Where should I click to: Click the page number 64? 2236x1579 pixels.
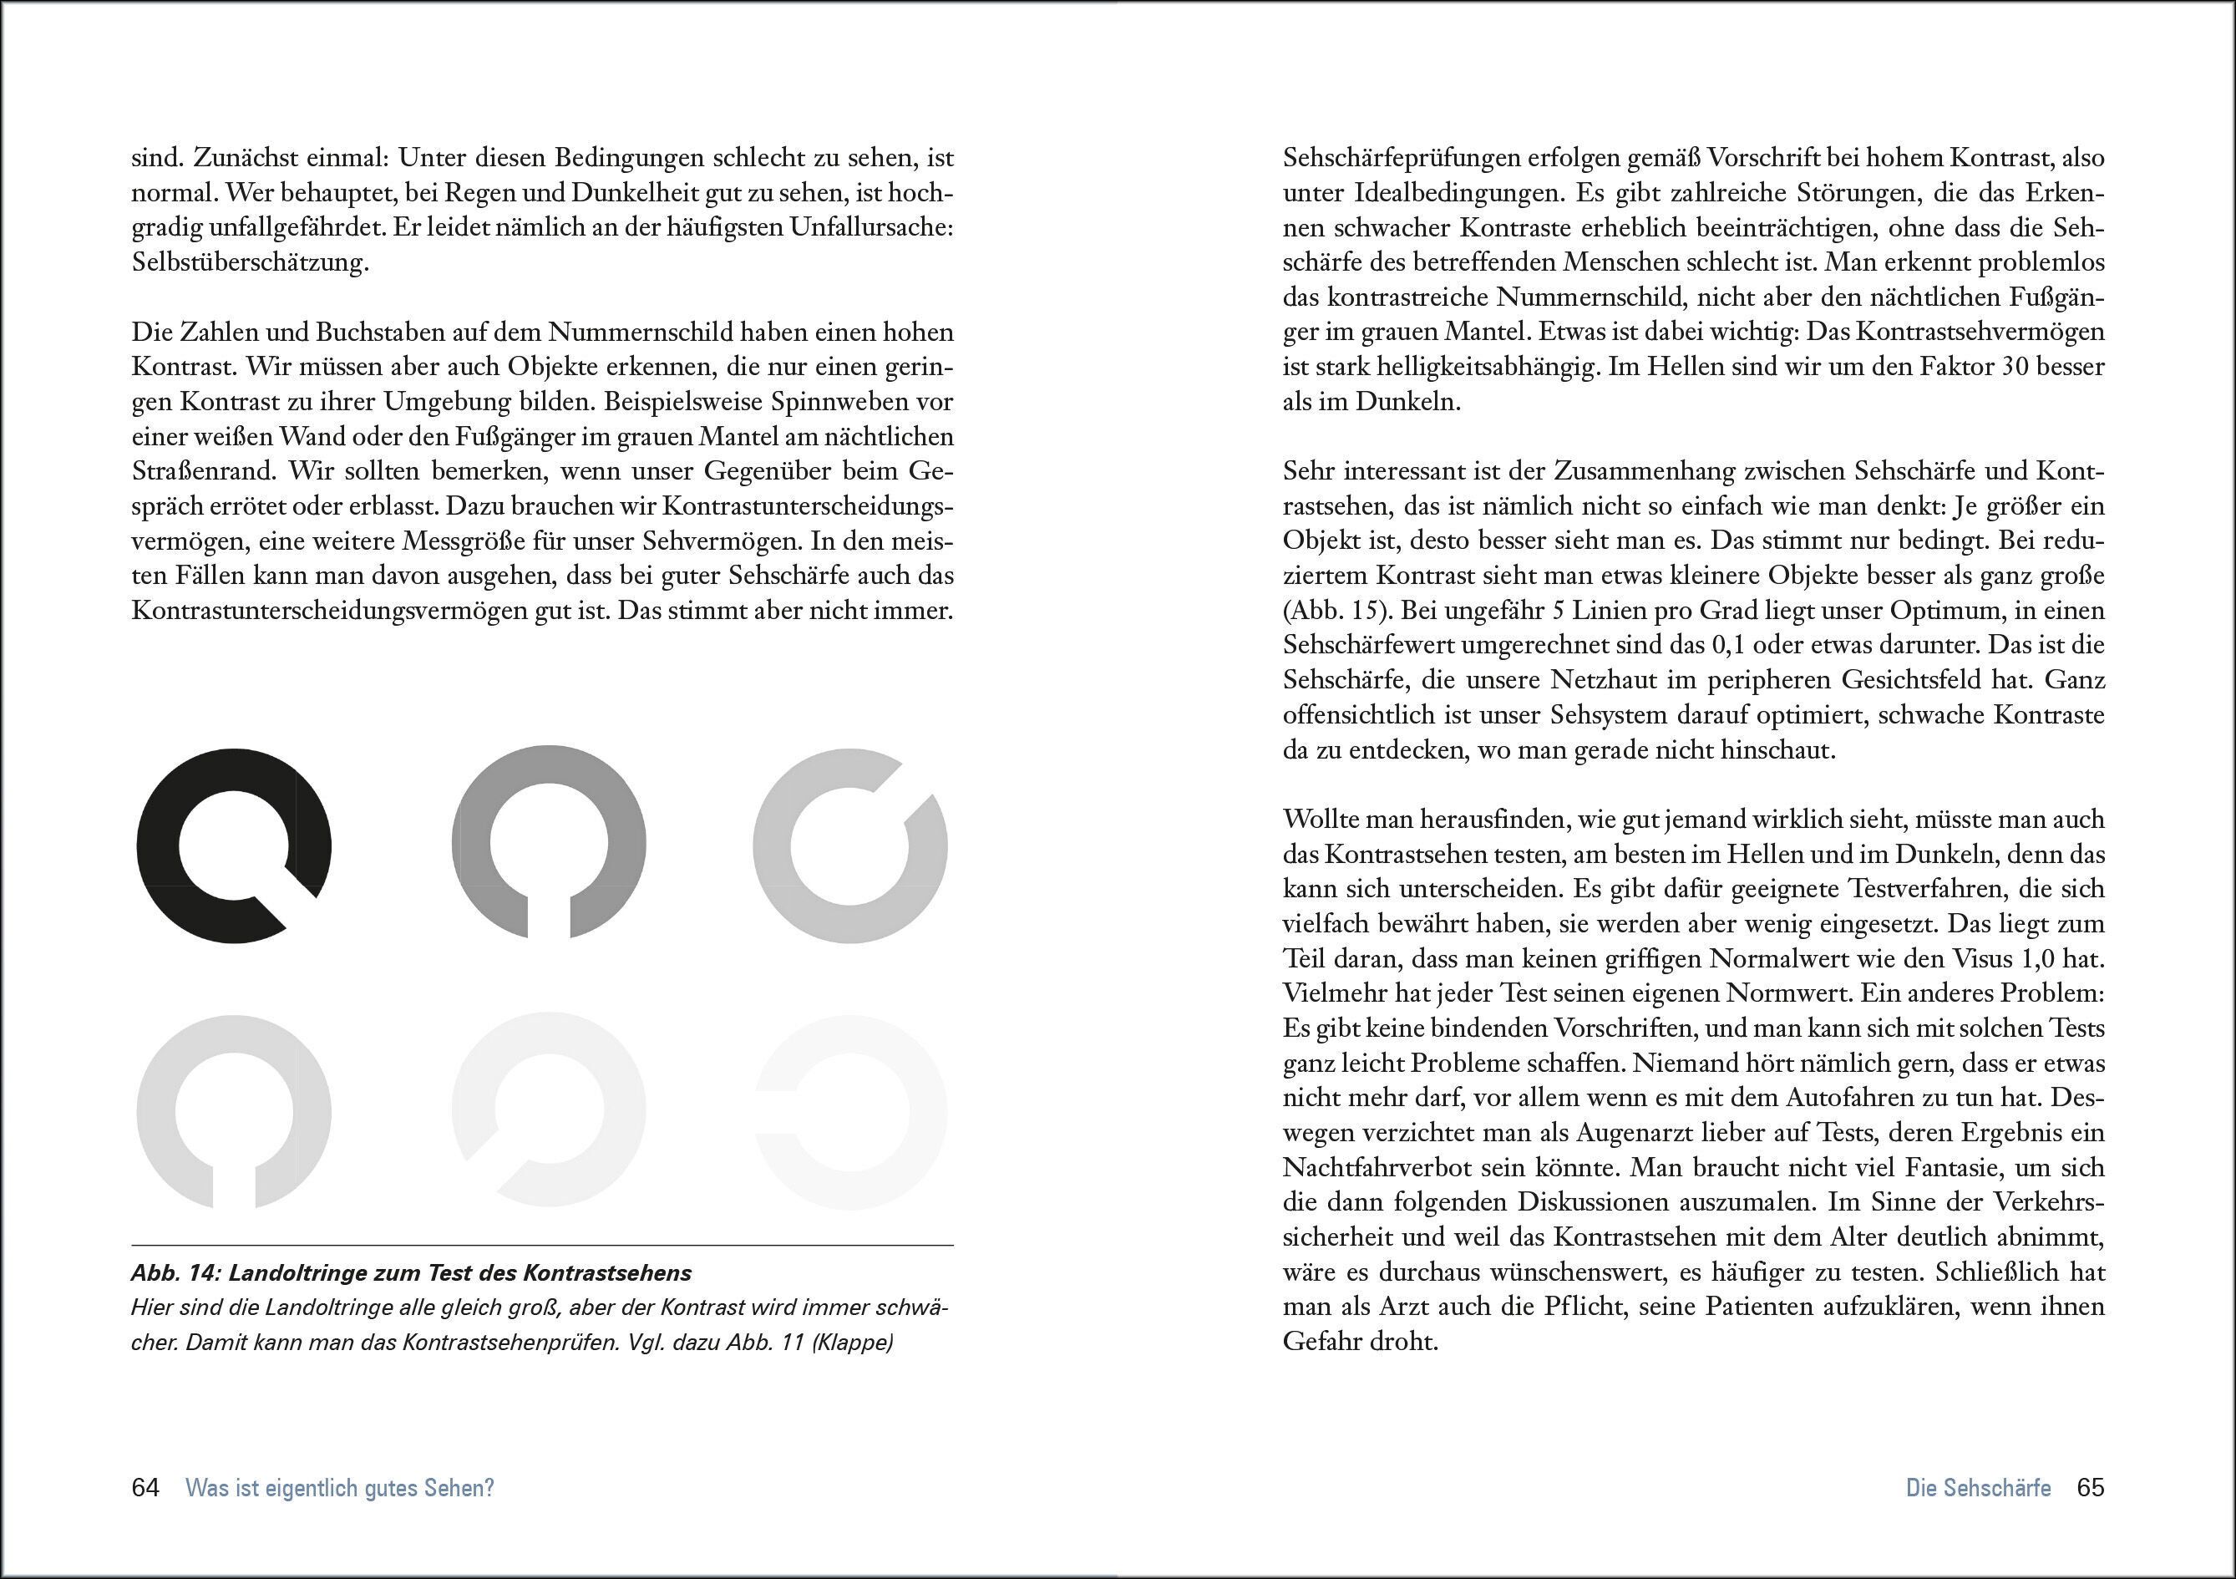pos(145,1487)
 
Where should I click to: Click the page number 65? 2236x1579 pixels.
pos(2090,1487)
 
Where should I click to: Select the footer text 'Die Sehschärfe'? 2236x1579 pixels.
pos(1978,1487)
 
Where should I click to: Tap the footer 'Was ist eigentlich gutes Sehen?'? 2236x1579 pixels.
pos(340,1487)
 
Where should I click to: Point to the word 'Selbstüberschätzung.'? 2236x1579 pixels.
pos(251,262)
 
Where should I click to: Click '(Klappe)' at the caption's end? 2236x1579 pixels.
pos(852,1343)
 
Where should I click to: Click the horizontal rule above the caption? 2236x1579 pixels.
pos(541,1245)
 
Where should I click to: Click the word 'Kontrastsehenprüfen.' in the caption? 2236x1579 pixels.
pos(511,1343)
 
